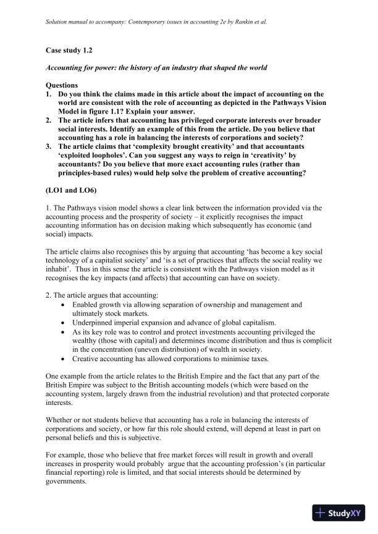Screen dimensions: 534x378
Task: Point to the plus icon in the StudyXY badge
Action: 321,513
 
